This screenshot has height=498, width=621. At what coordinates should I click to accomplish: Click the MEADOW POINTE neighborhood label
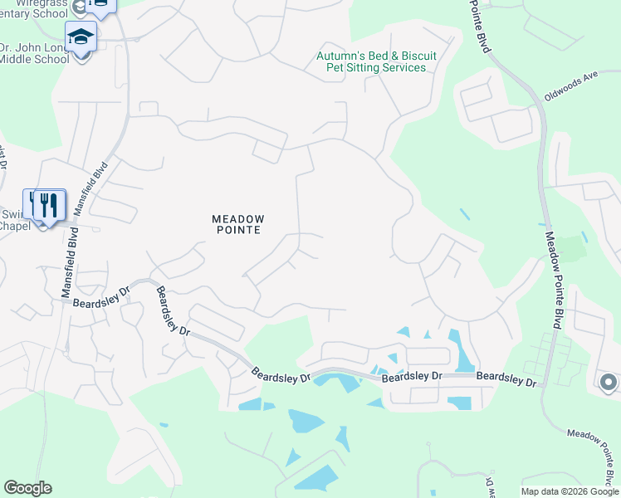click(237, 224)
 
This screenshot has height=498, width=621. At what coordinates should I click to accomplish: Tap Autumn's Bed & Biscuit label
click(376, 56)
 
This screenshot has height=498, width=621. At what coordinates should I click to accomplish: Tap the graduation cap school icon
click(81, 37)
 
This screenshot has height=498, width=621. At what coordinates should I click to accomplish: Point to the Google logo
click(27, 488)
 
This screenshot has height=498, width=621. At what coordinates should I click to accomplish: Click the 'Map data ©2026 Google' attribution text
click(570, 491)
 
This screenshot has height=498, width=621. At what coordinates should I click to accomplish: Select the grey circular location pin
click(608, 383)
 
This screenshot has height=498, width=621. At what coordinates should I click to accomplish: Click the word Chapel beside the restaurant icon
click(14, 226)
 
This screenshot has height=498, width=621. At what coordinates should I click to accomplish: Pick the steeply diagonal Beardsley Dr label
click(173, 312)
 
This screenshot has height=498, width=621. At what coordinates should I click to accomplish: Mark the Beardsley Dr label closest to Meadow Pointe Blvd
click(507, 378)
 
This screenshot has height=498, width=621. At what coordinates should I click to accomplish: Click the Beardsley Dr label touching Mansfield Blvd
click(101, 297)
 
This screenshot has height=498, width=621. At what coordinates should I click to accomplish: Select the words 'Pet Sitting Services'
click(376, 67)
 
